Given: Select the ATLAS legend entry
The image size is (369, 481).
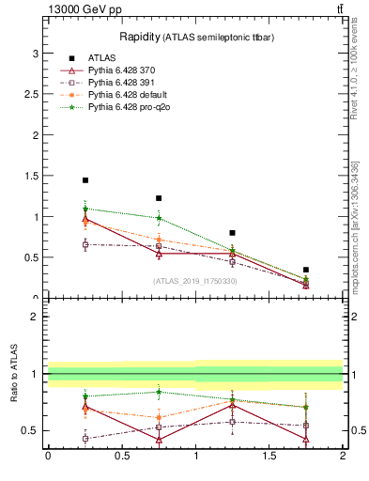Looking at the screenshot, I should click(x=101, y=57).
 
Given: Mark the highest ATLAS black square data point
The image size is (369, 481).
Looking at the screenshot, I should click(x=85, y=180).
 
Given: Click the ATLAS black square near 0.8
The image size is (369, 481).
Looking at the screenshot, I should click(x=232, y=232).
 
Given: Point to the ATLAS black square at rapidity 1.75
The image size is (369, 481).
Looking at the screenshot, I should click(x=306, y=270).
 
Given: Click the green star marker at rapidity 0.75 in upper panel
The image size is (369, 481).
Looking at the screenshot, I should click(x=159, y=218).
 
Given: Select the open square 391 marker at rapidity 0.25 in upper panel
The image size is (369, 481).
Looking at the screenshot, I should click(x=85, y=244).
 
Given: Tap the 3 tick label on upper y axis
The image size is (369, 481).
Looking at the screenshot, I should click(x=37, y=54).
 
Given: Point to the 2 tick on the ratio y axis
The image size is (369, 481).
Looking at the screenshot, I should click(x=37, y=317).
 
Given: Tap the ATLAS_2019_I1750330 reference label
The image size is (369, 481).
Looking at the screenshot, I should click(x=195, y=281).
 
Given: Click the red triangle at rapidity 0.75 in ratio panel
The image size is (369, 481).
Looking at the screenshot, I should click(x=159, y=440).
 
